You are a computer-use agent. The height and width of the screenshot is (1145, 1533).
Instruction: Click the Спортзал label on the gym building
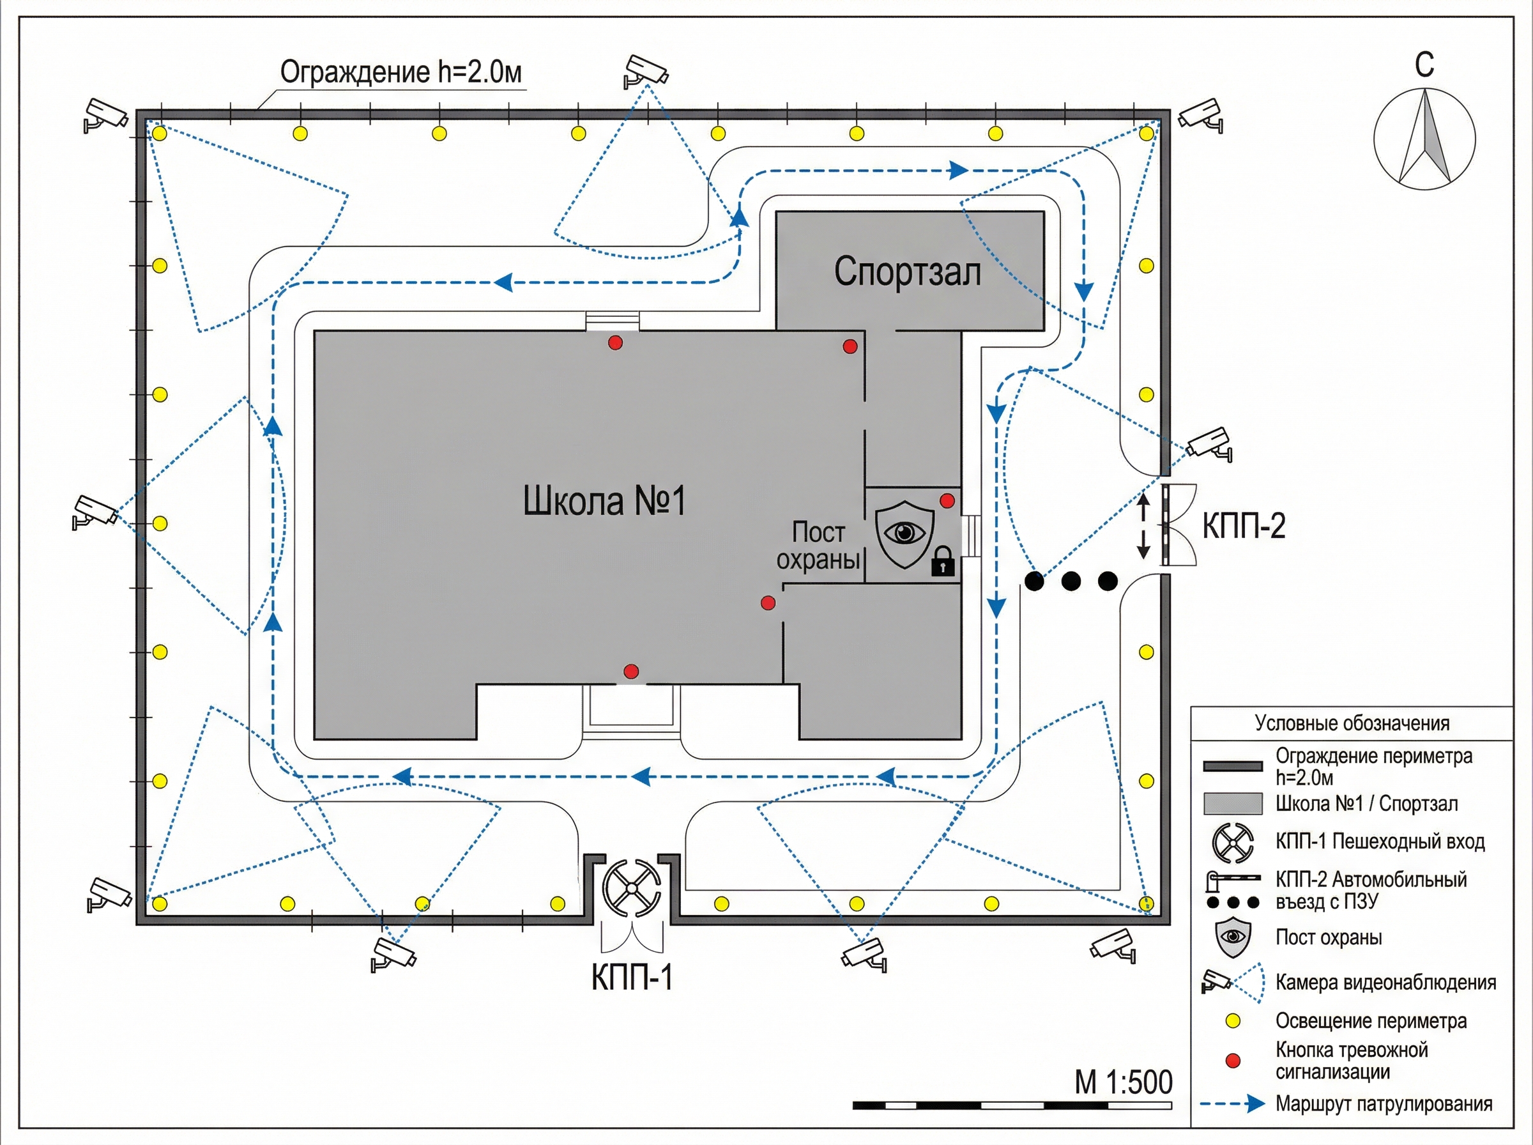908,271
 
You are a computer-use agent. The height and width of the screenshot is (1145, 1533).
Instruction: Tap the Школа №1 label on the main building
604,500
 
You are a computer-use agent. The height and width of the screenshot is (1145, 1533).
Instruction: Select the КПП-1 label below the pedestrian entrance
632,978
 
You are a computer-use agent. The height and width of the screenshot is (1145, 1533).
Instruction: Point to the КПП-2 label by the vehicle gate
1244,526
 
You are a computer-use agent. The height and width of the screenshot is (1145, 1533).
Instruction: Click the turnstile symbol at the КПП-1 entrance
631,889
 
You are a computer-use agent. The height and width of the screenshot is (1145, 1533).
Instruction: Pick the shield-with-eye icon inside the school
904,533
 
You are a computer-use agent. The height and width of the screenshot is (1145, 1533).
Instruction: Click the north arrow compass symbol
1424,138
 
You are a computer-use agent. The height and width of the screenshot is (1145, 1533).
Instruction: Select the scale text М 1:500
1124,1082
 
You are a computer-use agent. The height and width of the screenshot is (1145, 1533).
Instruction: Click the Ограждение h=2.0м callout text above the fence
400,72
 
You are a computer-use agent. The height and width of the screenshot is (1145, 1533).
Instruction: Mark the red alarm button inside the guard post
947,500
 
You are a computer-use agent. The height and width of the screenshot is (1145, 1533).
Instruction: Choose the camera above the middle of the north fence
645,71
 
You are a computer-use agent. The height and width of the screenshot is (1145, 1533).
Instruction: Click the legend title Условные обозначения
1352,723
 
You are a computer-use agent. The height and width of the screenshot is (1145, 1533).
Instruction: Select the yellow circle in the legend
1233,1021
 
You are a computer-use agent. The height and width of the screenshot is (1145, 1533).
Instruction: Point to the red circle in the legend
1233,1061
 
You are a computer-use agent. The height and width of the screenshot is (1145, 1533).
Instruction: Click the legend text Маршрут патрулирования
1384,1104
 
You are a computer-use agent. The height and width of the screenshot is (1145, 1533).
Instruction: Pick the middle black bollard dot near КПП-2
1071,581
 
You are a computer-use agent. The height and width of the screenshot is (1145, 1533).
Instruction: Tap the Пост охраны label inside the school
818,546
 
